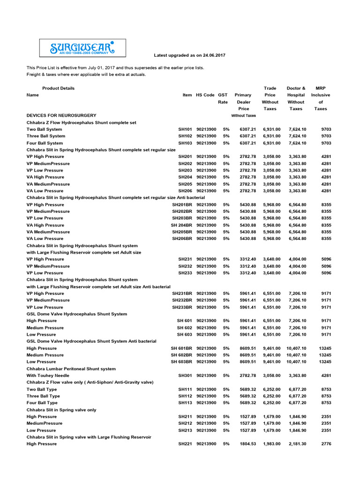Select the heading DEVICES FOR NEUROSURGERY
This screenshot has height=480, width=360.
click(x=61, y=115)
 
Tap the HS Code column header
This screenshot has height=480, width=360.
click(x=205, y=95)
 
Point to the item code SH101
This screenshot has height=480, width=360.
click(x=185, y=129)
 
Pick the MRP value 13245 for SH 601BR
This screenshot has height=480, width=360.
click(x=324, y=348)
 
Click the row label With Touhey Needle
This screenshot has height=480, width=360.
click(x=48, y=375)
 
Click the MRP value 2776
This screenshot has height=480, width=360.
click(x=326, y=444)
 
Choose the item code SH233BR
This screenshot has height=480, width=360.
click(x=182, y=307)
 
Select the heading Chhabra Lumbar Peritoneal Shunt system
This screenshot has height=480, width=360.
click(x=71, y=368)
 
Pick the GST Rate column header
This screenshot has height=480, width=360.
click(x=223, y=98)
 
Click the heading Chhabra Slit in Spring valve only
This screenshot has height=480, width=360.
click(x=61, y=410)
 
